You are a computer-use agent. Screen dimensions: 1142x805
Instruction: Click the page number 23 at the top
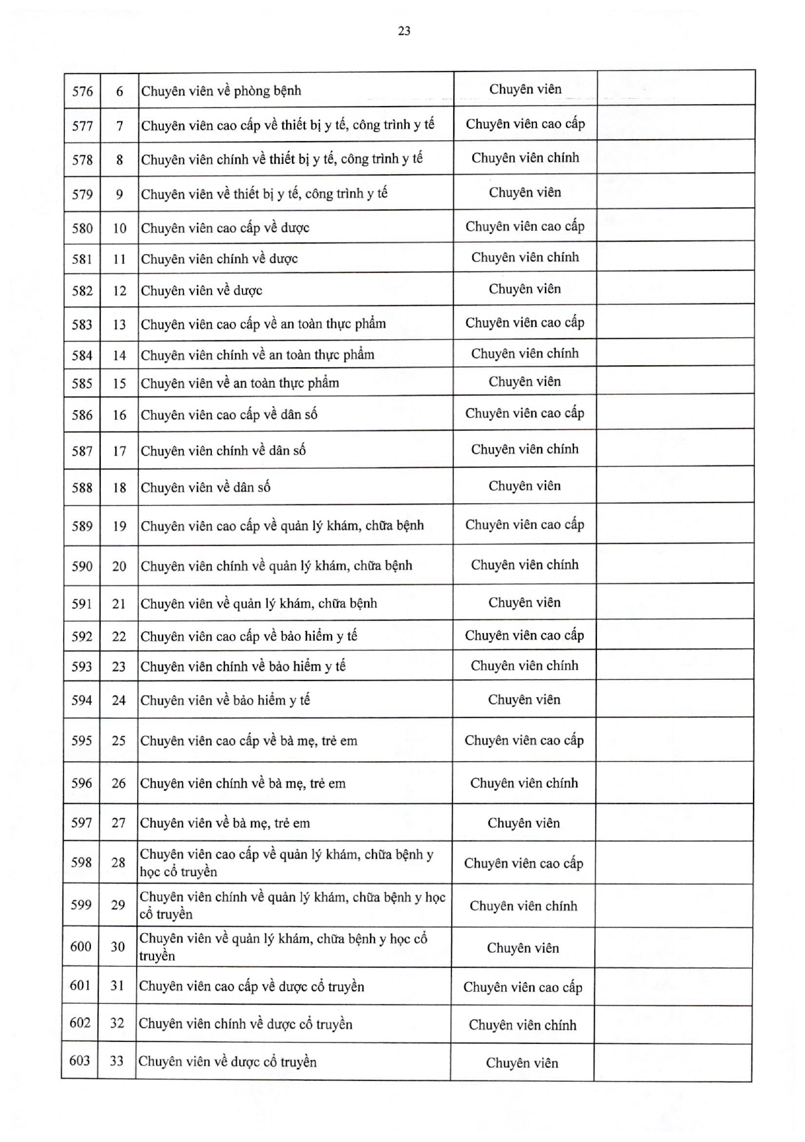click(x=404, y=31)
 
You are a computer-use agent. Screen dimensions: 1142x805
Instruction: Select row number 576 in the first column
click(x=83, y=91)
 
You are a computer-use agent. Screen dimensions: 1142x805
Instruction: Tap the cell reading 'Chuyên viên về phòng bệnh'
click(x=221, y=91)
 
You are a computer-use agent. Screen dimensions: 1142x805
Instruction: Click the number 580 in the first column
click(x=83, y=228)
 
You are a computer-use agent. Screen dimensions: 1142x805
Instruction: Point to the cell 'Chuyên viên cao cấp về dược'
click(x=225, y=228)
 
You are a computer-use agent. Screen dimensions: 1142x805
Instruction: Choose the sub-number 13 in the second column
click(x=119, y=324)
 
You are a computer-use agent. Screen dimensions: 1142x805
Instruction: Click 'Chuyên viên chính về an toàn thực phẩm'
click(x=257, y=355)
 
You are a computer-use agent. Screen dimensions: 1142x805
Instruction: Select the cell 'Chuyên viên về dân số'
click(x=205, y=487)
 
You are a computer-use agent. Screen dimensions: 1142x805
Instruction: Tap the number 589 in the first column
click(x=82, y=526)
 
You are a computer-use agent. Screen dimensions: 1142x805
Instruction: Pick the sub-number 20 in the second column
click(x=119, y=566)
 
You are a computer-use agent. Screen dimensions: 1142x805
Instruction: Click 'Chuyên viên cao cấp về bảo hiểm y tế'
click(x=249, y=636)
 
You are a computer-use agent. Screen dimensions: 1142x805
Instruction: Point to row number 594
click(x=82, y=700)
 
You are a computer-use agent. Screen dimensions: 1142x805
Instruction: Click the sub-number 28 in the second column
click(x=118, y=863)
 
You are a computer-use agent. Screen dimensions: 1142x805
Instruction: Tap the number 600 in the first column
click(x=81, y=946)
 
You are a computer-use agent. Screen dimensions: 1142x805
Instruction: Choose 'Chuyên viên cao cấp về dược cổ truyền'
click(x=252, y=987)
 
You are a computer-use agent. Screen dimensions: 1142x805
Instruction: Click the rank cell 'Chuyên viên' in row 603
click(x=521, y=1063)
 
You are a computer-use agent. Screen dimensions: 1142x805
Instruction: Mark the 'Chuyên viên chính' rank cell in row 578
click(x=525, y=158)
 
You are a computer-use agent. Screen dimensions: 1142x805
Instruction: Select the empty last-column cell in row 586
click(x=675, y=413)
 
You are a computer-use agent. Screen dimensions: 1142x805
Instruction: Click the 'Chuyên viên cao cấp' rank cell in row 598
click(x=523, y=863)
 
